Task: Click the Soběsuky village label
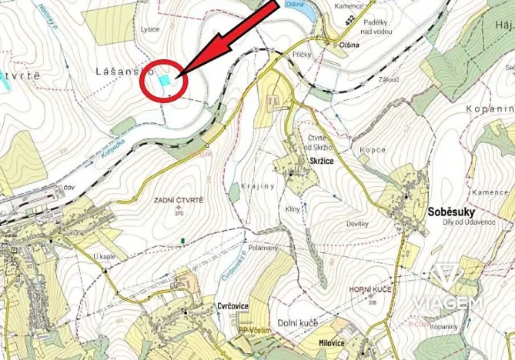point(449,210)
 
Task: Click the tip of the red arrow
point(179,75)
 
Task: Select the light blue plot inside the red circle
point(164,79)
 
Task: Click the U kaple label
point(102,256)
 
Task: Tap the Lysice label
point(150,29)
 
